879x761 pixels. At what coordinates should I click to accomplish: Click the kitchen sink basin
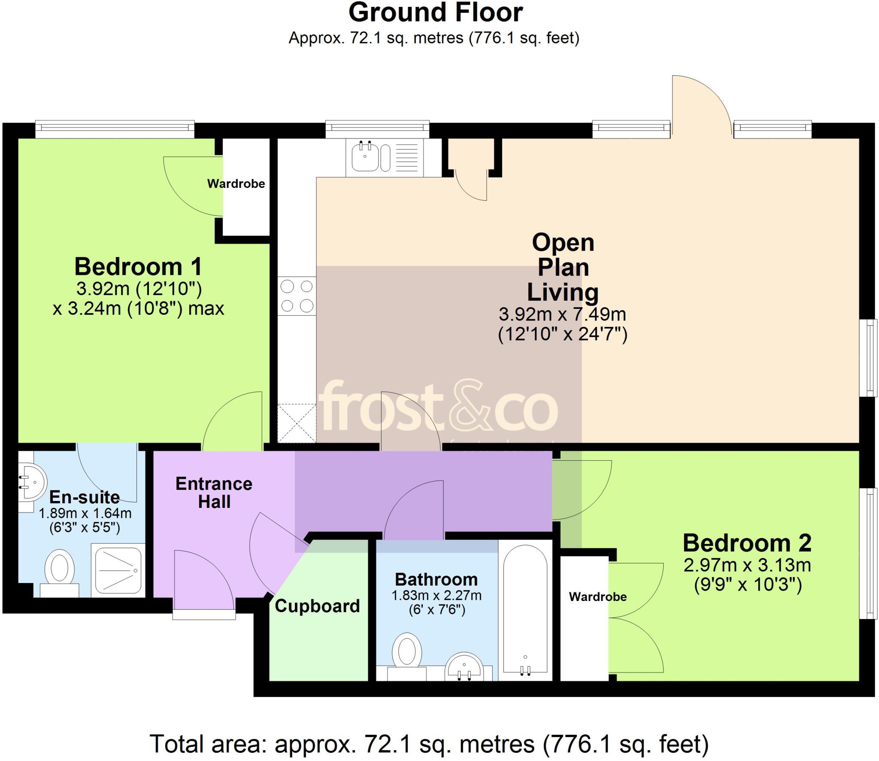coord(365,157)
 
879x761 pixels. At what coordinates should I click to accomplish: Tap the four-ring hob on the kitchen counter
coord(297,296)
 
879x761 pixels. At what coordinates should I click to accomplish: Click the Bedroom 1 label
coord(138,267)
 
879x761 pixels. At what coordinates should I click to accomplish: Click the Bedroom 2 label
coord(747,543)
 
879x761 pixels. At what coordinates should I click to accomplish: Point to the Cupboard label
coord(317,606)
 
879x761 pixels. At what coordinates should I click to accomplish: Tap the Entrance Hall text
coord(214,493)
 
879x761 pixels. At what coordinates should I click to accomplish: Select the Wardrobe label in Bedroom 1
coord(236,184)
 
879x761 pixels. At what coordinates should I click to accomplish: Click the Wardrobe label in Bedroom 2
coord(597,597)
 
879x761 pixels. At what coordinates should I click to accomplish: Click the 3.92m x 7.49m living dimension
coord(562,314)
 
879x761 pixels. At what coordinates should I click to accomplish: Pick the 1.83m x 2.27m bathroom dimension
coord(436,595)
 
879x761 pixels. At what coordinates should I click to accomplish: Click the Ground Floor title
coord(435,13)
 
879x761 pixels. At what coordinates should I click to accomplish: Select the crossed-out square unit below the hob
coord(297,423)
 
